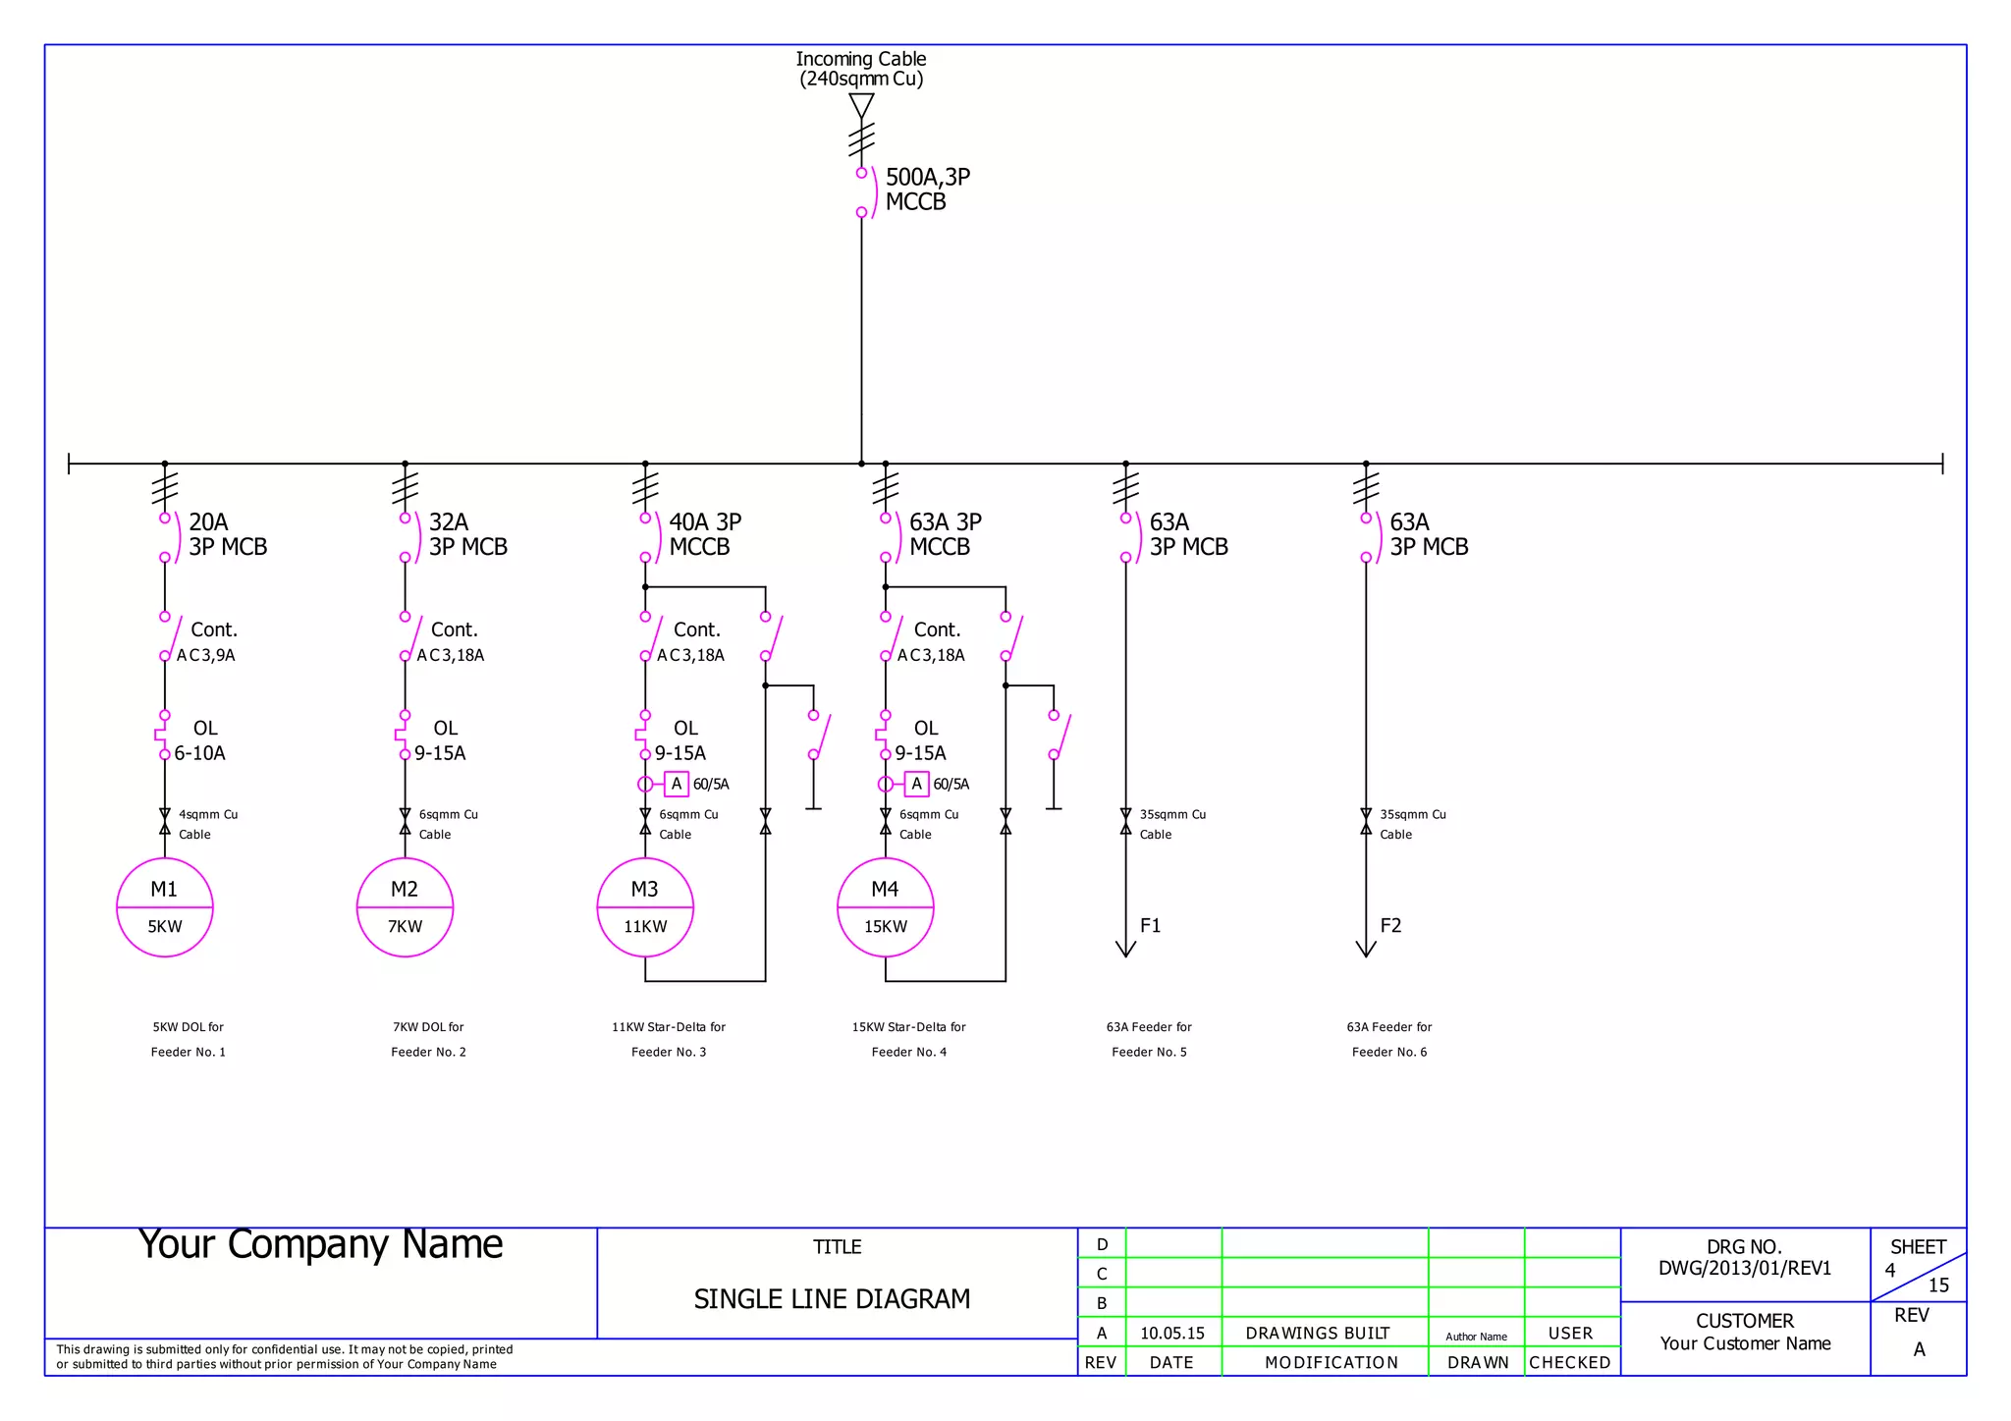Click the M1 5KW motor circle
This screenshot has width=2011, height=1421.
(x=164, y=907)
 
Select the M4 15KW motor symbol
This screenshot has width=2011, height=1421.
(x=885, y=907)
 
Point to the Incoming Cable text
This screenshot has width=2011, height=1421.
(x=860, y=60)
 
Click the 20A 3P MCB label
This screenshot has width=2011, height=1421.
(x=227, y=534)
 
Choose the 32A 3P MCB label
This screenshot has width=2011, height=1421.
(x=467, y=534)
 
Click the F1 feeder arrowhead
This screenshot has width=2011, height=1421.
(x=1125, y=949)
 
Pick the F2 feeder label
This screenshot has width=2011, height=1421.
(x=1390, y=926)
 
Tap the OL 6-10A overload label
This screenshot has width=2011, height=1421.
(x=201, y=740)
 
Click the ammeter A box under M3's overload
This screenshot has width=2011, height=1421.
(x=676, y=784)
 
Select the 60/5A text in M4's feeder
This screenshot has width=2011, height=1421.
(x=951, y=784)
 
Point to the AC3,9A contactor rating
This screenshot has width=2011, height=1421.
(x=205, y=655)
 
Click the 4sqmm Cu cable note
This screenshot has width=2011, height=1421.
(x=207, y=815)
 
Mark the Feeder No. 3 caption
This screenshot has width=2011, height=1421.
(x=668, y=1052)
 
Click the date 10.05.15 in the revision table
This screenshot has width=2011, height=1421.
(x=1171, y=1334)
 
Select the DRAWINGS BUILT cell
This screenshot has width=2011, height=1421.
(x=1317, y=1334)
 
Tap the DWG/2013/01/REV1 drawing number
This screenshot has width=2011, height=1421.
(x=1744, y=1268)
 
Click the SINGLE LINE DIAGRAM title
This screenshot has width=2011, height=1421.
(x=832, y=1299)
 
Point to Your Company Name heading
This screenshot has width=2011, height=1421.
(x=320, y=1245)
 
